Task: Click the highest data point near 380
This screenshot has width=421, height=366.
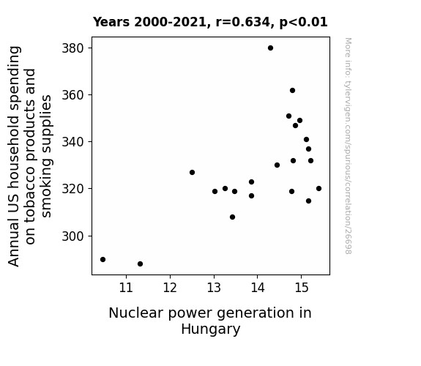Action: pyautogui.click(x=270, y=48)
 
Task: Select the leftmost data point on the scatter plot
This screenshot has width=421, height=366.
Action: pyautogui.click(x=103, y=259)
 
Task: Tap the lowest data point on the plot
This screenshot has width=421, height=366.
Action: pyautogui.click(x=140, y=264)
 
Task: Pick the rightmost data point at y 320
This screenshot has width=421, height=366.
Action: pyautogui.click(x=318, y=189)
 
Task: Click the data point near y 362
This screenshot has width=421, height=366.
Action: pyautogui.click(x=292, y=91)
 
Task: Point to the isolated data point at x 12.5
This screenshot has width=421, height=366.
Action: pyautogui.click(x=192, y=173)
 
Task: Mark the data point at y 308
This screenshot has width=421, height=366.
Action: pyautogui.click(x=233, y=217)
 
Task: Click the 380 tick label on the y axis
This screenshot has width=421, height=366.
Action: pyautogui.click(x=73, y=48)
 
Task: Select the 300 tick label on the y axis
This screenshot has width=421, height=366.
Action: pyautogui.click(x=73, y=236)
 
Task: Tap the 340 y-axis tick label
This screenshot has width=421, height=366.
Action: pyautogui.click(x=73, y=142)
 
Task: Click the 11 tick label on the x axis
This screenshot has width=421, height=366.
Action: pyautogui.click(x=126, y=288)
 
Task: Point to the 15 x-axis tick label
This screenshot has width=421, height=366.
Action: pyautogui.click(x=302, y=288)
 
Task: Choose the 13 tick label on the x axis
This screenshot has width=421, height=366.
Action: pyautogui.click(x=214, y=288)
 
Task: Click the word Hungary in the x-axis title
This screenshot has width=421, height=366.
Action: pyautogui.click(x=211, y=329)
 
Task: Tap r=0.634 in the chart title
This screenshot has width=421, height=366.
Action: pyautogui.click(x=243, y=22)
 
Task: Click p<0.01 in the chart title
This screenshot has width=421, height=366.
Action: pyautogui.click(x=303, y=22)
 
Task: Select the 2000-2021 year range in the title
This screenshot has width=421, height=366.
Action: pyautogui.click(x=170, y=22)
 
